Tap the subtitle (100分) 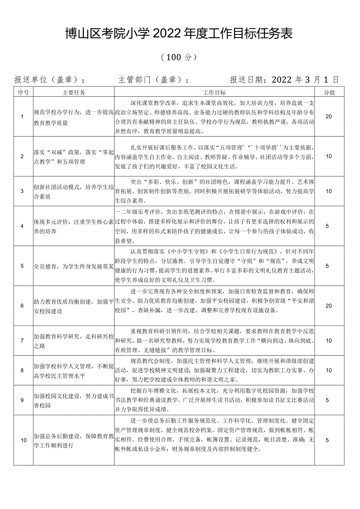click(x=178, y=58)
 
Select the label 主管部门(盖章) click(x=154, y=80)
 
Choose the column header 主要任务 click(x=74, y=93)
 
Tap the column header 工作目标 click(x=214, y=93)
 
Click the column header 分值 click(x=329, y=93)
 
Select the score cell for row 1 click(x=329, y=117)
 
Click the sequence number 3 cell click(x=22, y=191)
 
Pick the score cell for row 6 click(x=329, y=306)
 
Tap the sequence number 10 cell click(x=23, y=440)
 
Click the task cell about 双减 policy click(x=74, y=156)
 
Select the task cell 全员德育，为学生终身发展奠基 click(x=74, y=266)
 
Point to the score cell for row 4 click(x=329, y=226)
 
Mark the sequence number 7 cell click(x=22, y=340)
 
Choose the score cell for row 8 click(x=329, y=370)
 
